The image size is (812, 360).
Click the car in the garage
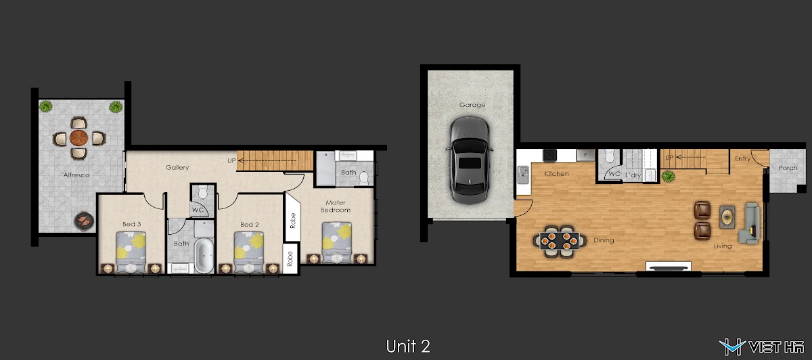click(x=470, y=160)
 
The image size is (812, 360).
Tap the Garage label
click(x=472, y=105)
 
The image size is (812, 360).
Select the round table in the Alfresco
click(x=78, y=138)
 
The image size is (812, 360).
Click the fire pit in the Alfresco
click(x=85, y=220)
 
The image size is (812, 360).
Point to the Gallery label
click(x=177, y=168)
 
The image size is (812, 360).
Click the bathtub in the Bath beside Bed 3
click(x=204, y=255)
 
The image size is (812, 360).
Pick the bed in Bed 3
click(x=131, y=252)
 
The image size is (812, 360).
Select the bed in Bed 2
click(x=249, y=252)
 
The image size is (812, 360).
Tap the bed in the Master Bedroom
click(x=337, y=242)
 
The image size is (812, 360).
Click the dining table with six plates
click(x=559, y=241)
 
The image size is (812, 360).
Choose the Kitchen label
click(x=556, y=174)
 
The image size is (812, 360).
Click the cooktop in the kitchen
click(x=549, y=155)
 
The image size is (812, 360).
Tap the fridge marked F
click(x=585, y=155)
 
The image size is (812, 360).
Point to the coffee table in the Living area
click(x=727, y=217)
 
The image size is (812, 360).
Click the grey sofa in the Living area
click(x=750, y=223)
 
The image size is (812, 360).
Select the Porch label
click(x=788, y=168)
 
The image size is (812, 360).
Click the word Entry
click(x=742, y=158)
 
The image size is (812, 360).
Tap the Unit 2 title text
click(x=408, y=346)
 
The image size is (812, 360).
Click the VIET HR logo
click(x=761, y=347)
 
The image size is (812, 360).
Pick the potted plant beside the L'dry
click(x=668, y=177)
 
